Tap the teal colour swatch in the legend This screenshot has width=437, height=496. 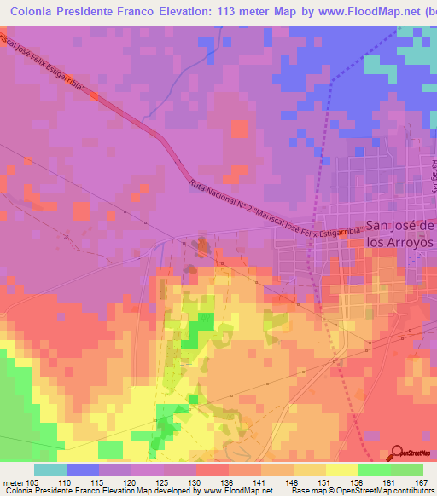(x=50, y=470)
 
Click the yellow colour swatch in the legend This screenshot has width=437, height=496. (x=341, y=470)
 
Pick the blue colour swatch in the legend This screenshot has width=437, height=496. (x=82, y=470)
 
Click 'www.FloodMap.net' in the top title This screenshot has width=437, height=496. (x=356, y=11)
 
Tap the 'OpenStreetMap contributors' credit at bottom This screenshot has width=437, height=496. (x=387, y=491)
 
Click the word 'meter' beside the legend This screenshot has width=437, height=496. (x=13, y=482)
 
